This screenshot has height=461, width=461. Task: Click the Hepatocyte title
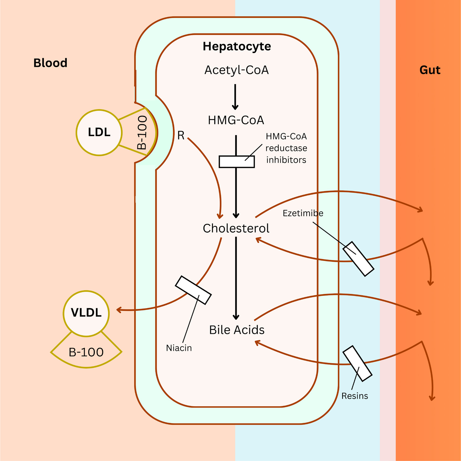pyautogui.click(x=237, y=46)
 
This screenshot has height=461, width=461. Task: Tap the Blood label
pyautogui.click(x=50, y=63)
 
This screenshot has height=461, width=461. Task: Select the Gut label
pyautogui.click(x=429, y=70)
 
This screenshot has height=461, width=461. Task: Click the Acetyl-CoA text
pyautogui.click(x=236, y=70)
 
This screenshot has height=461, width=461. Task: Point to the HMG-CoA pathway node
pyautogui.click(x=236, y=120)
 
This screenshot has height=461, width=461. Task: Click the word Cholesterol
pyautogui.click(x=236, y=228)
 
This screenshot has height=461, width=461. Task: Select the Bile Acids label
pyautogui.click(x=237, y=330)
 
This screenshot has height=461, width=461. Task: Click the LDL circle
pyautogui.click(x=99, y=132)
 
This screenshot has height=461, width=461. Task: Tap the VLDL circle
pyautogui.click(x=86, y=313)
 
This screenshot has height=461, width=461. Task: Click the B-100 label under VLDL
pyautogui.click(x=86, y=352)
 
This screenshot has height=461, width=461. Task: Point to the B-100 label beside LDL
pyautogui.click(x=142, y=133)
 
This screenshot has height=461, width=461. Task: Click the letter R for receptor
pyautogui.click(x=181, y=135)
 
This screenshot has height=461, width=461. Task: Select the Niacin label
pyautogui.click(x=179, y=348)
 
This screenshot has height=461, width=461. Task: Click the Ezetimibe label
pyautogui.click(x=303, y=213)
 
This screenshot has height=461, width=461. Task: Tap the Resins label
pyautogui.click(x=355, y=396)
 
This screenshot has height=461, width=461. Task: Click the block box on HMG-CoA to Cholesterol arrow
pyautogui.click(x=236, y=162)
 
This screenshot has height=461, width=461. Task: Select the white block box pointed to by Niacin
pyautogui.click(x=193, y=290)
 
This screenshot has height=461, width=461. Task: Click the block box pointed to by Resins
pyautogui.click(x=357, y=363)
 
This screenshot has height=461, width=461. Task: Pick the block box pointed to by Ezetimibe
pyautogui.click(x=358, y=259)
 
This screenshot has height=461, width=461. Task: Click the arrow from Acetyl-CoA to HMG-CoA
pyautogui.click(x=235, y=97)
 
